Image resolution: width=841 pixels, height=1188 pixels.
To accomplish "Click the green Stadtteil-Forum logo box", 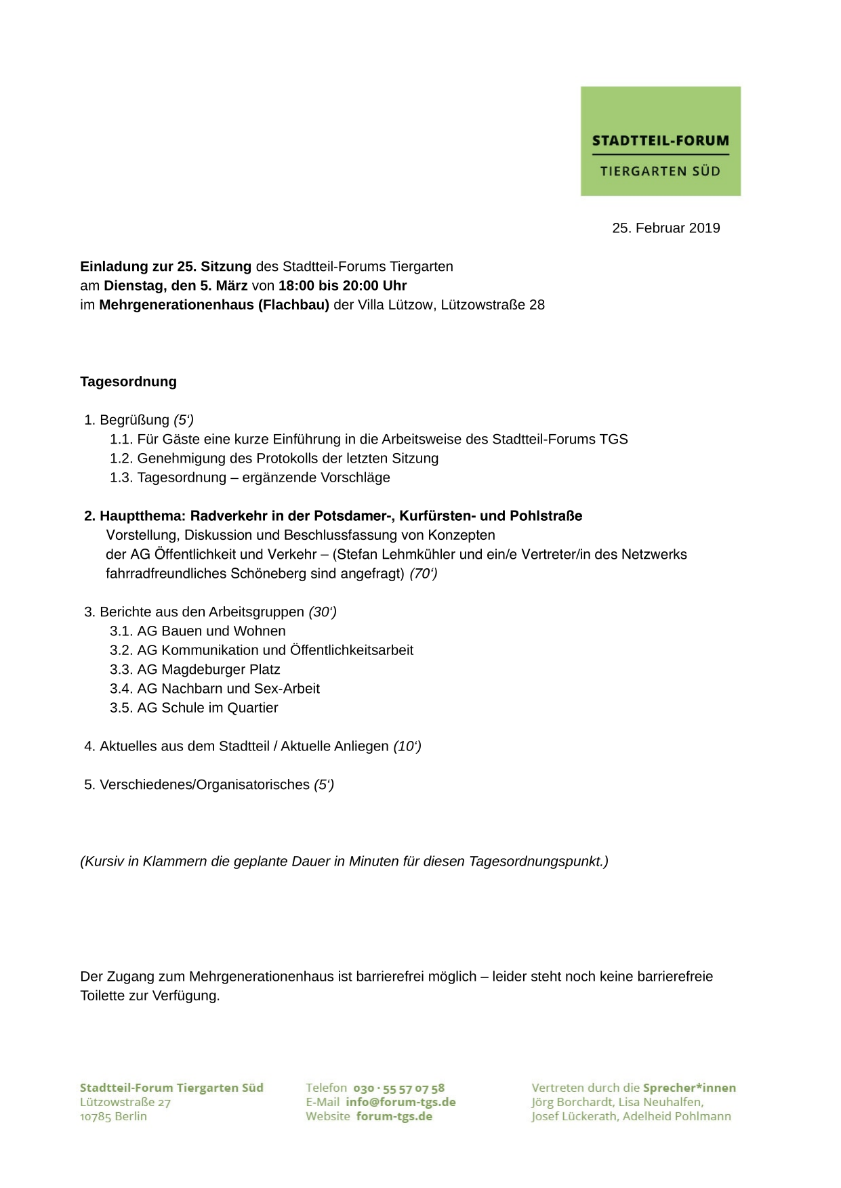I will point(660,141).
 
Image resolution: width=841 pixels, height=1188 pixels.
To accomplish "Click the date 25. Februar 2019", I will point(665,228).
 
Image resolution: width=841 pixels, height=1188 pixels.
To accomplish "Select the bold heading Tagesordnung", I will point(128,382).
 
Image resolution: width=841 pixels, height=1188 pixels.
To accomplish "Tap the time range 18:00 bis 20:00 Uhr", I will point(342,286).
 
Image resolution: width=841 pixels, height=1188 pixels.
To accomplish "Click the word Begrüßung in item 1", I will point(134,420).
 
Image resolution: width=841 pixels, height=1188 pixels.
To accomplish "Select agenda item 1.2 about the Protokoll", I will point(274,459).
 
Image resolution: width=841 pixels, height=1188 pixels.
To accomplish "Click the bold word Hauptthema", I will point(142,516).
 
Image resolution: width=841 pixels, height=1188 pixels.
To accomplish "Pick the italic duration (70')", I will point(424,574).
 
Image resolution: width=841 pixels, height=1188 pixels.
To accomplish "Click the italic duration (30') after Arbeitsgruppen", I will point(323,612).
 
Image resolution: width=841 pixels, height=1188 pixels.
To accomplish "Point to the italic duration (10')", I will point(407,746).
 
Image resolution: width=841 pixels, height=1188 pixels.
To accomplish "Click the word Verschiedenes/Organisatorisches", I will point(205,785).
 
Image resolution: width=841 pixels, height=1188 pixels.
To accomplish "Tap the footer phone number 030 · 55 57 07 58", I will point(398,1088).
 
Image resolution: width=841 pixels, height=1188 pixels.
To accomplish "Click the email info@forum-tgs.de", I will point(401,1103).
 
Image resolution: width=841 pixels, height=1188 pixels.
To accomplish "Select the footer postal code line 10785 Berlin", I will point(113,1117).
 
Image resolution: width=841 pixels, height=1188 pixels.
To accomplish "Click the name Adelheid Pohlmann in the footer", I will point(676,1117).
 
